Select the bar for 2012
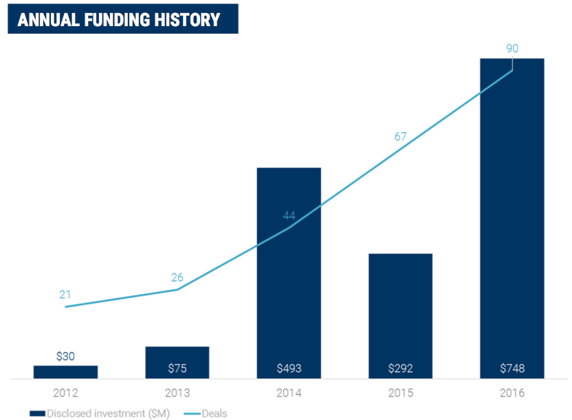pyautogui.click(x=65, y=372)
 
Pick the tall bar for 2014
pyautogui.click(x=289, y=275)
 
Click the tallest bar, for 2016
pyautogui.click(x=512, y=220)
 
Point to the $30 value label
pyautogui.click(x=65, y=357)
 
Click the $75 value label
pyautogui.click(x=177, y=368)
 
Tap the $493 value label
pyautogui.click(x=289, y=368)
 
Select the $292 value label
pyautogui.click(x=400, y=368)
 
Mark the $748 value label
pyautogui.click(x=512, y=368)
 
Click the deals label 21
pyautogui.click(x=65, y=295)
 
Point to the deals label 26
pyautogui.click(x=178, y=278)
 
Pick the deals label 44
pyautogui.click(x=289, y=216)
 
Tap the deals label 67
pyautogui.click(x=401, y=136)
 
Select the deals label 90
pyautogui.click(x=511, y=48)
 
